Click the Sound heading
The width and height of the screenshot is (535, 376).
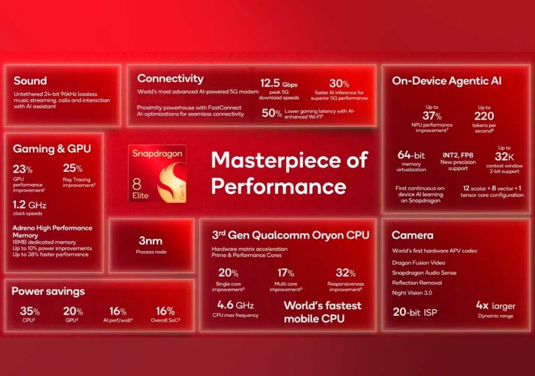[30, 81]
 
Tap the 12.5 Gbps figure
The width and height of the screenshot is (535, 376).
[278, 83]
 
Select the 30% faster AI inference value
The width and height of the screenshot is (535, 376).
[339, 83]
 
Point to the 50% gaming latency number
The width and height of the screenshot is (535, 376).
[272, 113]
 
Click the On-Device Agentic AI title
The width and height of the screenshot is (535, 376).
[447, 81]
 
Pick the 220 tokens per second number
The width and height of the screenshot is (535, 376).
[484, 116]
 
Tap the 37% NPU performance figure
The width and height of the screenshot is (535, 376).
[432, 116]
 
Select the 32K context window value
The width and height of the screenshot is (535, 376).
[504, 157]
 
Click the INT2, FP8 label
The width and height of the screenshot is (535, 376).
[458, 155]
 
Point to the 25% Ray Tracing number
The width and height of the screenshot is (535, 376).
[73, 168]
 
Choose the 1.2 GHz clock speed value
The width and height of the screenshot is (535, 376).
[29, 205]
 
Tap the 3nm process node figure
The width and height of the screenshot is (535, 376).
[150, 241]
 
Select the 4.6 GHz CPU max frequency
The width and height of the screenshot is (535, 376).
[236, 304]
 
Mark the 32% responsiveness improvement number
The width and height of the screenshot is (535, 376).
[346, 273]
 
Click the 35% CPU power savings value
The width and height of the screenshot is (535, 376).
[30, 311]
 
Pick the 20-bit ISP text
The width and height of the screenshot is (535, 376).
[415, 312]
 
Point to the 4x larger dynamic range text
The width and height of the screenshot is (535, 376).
[496, 305]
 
